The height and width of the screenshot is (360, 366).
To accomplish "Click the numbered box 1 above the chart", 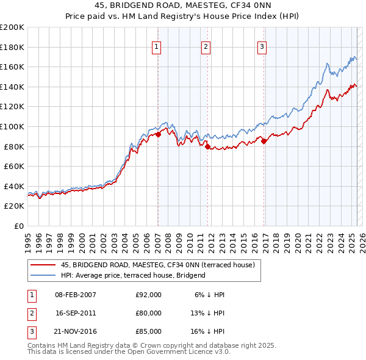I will [x=157, y=46].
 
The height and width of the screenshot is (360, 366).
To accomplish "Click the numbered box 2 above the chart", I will [x=206, y=46].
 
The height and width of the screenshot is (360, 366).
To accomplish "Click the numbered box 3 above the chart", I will [x=262, y=46].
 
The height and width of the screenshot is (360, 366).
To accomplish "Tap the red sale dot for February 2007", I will [x=158, y=134].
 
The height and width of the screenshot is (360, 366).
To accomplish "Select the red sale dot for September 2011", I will [x=207, y=146].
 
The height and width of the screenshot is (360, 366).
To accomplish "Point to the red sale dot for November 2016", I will [x=264, y=142].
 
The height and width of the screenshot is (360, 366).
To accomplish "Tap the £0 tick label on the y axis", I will [x=18, y=226].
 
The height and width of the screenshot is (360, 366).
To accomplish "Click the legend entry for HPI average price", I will [x=133, y=275].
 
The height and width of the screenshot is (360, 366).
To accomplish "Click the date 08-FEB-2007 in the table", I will [x=76, y=295].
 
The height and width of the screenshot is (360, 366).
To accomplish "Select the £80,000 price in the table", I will [x=148, y=313].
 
